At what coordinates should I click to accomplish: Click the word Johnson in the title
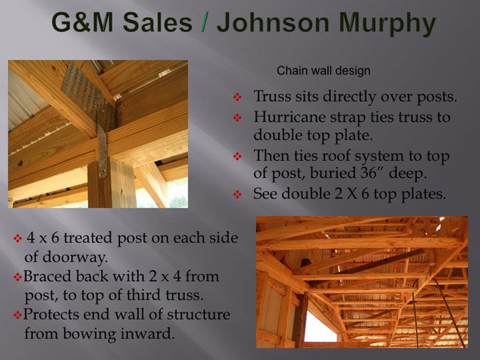tap(273, 23)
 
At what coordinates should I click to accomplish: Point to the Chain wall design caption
tap(324, 70)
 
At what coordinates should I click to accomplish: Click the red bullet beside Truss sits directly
tap(238, 97)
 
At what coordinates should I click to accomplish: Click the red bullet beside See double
tap(238, 194)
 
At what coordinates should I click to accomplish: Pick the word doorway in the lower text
tap(75, 257)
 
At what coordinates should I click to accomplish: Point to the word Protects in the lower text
tap(51, 314)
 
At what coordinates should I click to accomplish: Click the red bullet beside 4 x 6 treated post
tap(18, 238)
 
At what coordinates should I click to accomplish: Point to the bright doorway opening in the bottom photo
tap(321, 327)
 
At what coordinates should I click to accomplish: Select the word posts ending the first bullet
tap(437, 97)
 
